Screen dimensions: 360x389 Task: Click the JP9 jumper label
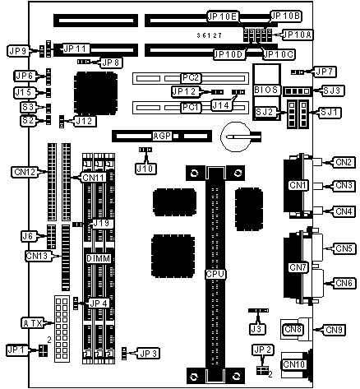[x=18, y=51]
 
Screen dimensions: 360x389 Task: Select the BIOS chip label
[x=265, y=90]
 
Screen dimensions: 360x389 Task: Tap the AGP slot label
[x=162, y=136]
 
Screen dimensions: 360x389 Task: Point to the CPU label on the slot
[x=215, y=274]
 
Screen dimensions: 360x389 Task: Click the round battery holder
[x=236, y=137]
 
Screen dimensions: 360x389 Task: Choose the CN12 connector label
[x=25, y=172]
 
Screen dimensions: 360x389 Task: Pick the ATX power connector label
[x=33, y=323]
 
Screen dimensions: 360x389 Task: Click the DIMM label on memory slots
[x=99, y=258]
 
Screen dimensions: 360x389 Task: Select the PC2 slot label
[x=191, y=78]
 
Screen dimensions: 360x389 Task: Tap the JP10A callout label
[x=298, y=35]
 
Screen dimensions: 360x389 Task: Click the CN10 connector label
[x=293, y=364]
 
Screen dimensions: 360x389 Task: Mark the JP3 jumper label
[x=149, y=354]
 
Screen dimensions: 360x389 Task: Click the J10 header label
[x=145, y=169]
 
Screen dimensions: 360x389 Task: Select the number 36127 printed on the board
[x=209, y=35]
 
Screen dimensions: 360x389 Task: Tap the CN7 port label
[x=298, y=267]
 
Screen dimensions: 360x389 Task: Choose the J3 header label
[x=256, y=329]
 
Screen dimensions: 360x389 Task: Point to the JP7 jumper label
[x=325, y=72]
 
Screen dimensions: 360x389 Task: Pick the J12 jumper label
[x=85, y=121]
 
